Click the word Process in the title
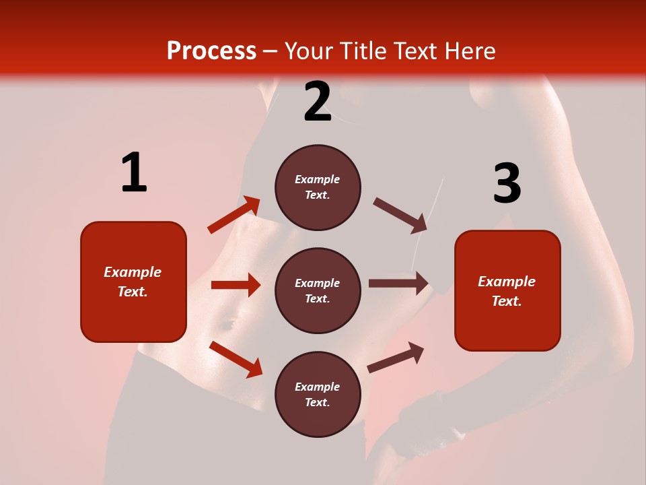(211, 51)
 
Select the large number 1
(134, 172)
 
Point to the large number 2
(318, 102)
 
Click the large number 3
(507, 183)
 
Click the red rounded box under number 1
(133, 282)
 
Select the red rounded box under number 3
(507, 291)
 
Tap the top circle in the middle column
(318, 187)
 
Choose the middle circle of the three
(318, 290)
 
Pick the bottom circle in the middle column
(318, 394)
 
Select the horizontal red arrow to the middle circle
(236, 285)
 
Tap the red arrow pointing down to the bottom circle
(236, 359)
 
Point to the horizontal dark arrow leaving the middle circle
(398, 284)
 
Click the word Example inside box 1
(133, 272)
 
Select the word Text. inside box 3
(507, 301)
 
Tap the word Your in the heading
(308, 51)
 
